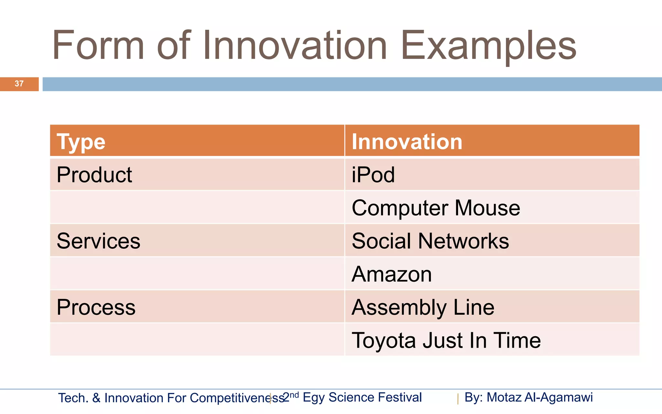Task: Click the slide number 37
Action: pos(19,84)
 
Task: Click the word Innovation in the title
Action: pos(295,46)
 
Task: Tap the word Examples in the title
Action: pos(488,46)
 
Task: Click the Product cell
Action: pos(94,175)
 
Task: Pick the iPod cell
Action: pos(373,175)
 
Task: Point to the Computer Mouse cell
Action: pos(435,208)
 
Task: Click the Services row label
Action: pos(98,241)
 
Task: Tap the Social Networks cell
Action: pos(430,241)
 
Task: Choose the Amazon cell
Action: pos(391,274)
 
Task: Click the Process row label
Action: pos(96,307)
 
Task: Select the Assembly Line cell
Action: pos(423,307)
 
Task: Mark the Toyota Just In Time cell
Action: pos(446,340)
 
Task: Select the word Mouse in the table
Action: pos(487,208)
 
